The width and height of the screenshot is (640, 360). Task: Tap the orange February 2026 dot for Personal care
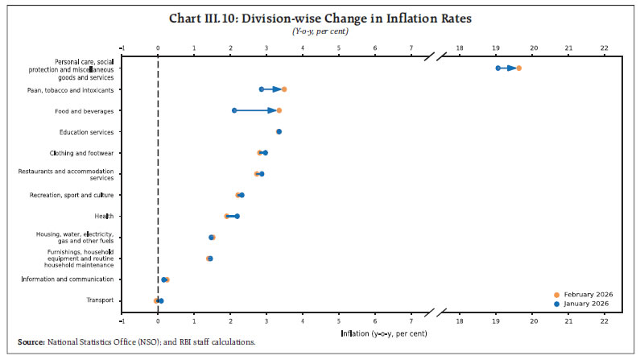[519, 68]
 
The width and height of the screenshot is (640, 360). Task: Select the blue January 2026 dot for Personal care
[498, 68]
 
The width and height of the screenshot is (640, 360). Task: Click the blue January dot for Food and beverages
[234, 110]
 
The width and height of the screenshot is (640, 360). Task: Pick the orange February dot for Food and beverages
[279, 110]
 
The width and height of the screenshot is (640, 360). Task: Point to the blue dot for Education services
[279, 131]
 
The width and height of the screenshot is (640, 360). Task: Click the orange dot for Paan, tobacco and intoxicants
[284, 89]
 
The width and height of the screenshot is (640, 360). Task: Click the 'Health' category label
[104, 216]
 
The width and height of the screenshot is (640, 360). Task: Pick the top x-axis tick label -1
[122, 48]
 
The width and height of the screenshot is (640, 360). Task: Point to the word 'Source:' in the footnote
[33, 342]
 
